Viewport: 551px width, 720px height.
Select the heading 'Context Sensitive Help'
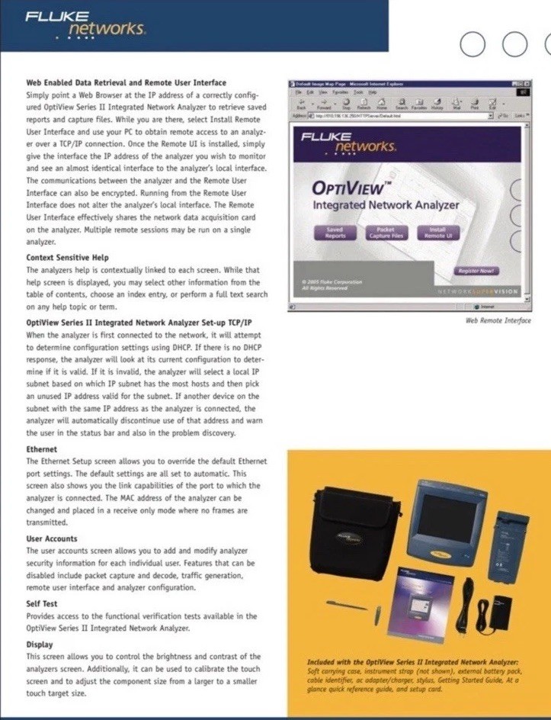click(x=67, y=258)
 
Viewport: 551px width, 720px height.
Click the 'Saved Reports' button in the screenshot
click(x=335, y=232)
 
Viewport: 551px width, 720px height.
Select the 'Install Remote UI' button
click(x=437, y=232)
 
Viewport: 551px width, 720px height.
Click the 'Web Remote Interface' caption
click(x=498, y=320)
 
